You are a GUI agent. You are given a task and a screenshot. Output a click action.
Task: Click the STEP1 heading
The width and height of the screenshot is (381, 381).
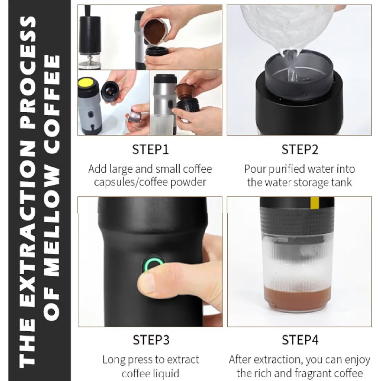coord(150,150)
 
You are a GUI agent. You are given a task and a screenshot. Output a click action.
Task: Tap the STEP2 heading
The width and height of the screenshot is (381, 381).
coord(300,150)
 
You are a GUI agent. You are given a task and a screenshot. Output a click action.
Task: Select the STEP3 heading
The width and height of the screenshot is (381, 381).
coord(151,340)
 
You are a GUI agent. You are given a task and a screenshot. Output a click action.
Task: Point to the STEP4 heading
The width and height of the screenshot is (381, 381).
coord(300,340)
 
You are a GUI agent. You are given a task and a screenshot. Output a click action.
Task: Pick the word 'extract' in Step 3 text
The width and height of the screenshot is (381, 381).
coord(183,360)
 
